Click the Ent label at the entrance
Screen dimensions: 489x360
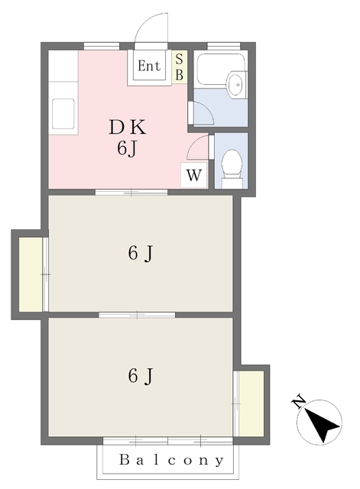coord(149,66)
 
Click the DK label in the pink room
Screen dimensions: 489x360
coord(127,126)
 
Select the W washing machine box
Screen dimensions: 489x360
coord(194,175)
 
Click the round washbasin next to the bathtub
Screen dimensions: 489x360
coord(238,84)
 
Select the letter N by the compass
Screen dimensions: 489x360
coord(300,401)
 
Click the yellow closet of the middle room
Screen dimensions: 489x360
coord(31,273)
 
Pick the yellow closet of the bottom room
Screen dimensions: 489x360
coord(249,402)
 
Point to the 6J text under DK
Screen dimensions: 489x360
coord(127,148)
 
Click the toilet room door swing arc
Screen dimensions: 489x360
coord(198,146)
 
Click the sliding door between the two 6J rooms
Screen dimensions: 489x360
coord(137,314)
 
